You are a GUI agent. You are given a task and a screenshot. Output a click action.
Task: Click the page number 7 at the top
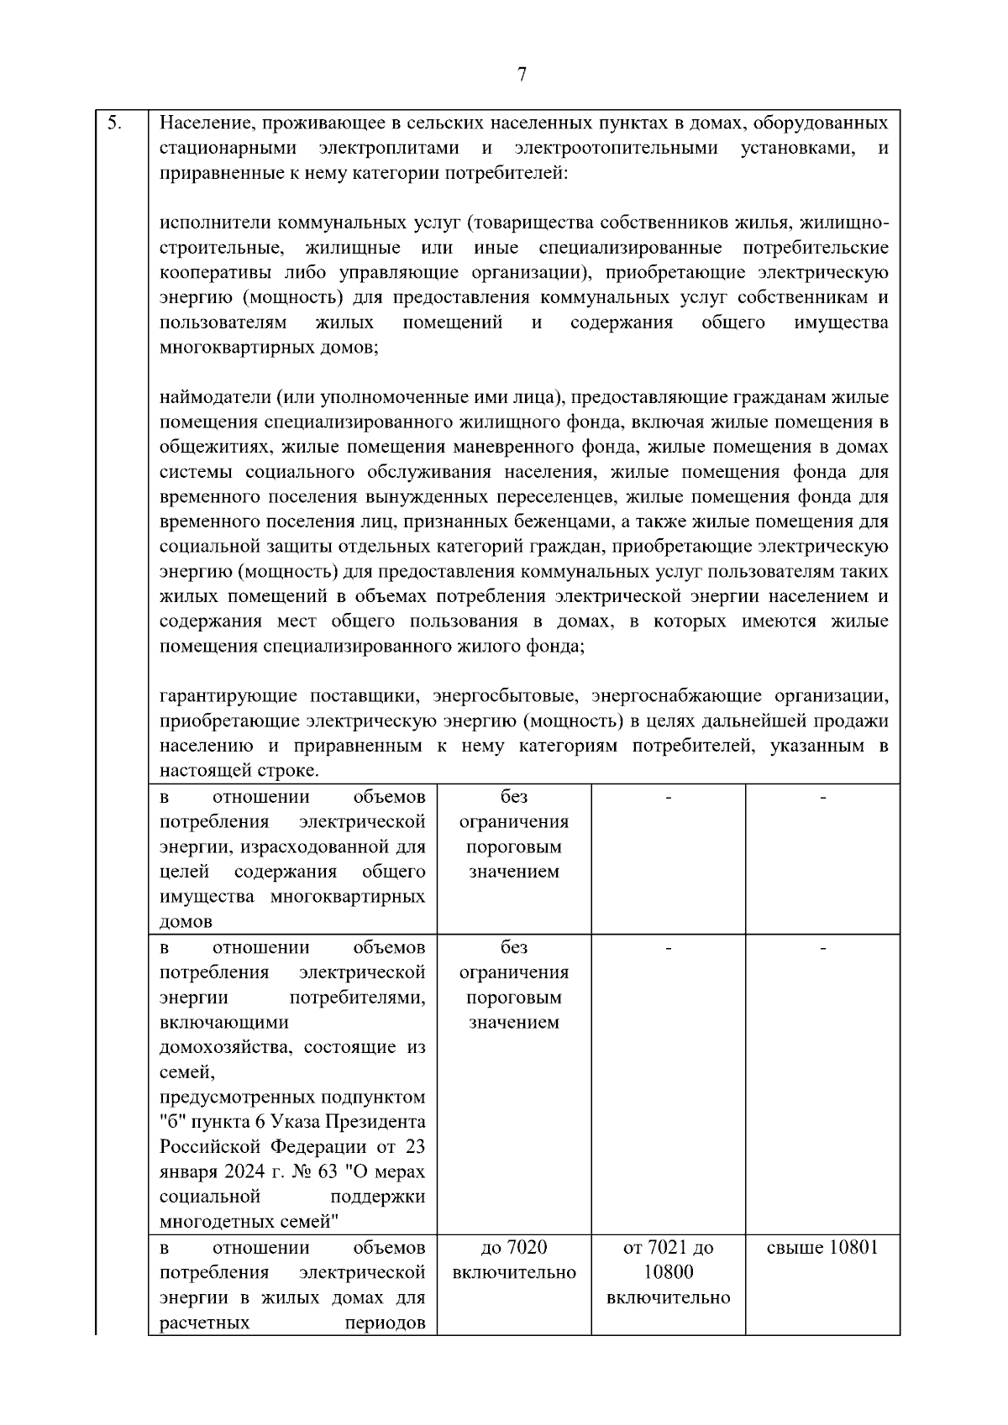click(x=522, y=75)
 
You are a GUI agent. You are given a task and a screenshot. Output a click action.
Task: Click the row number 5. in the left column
click(x=115, y=124)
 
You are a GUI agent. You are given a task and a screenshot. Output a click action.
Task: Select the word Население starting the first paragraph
click(x=206, y=124)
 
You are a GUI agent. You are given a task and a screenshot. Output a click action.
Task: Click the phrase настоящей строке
click(x=239, y=770)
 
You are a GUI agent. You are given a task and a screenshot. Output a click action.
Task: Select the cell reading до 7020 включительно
click(x=514, y=1260)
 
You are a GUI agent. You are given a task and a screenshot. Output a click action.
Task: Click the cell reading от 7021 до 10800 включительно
click(x=668, y=1272)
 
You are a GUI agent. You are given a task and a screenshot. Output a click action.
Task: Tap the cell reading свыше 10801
click(x=822, y=1247)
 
